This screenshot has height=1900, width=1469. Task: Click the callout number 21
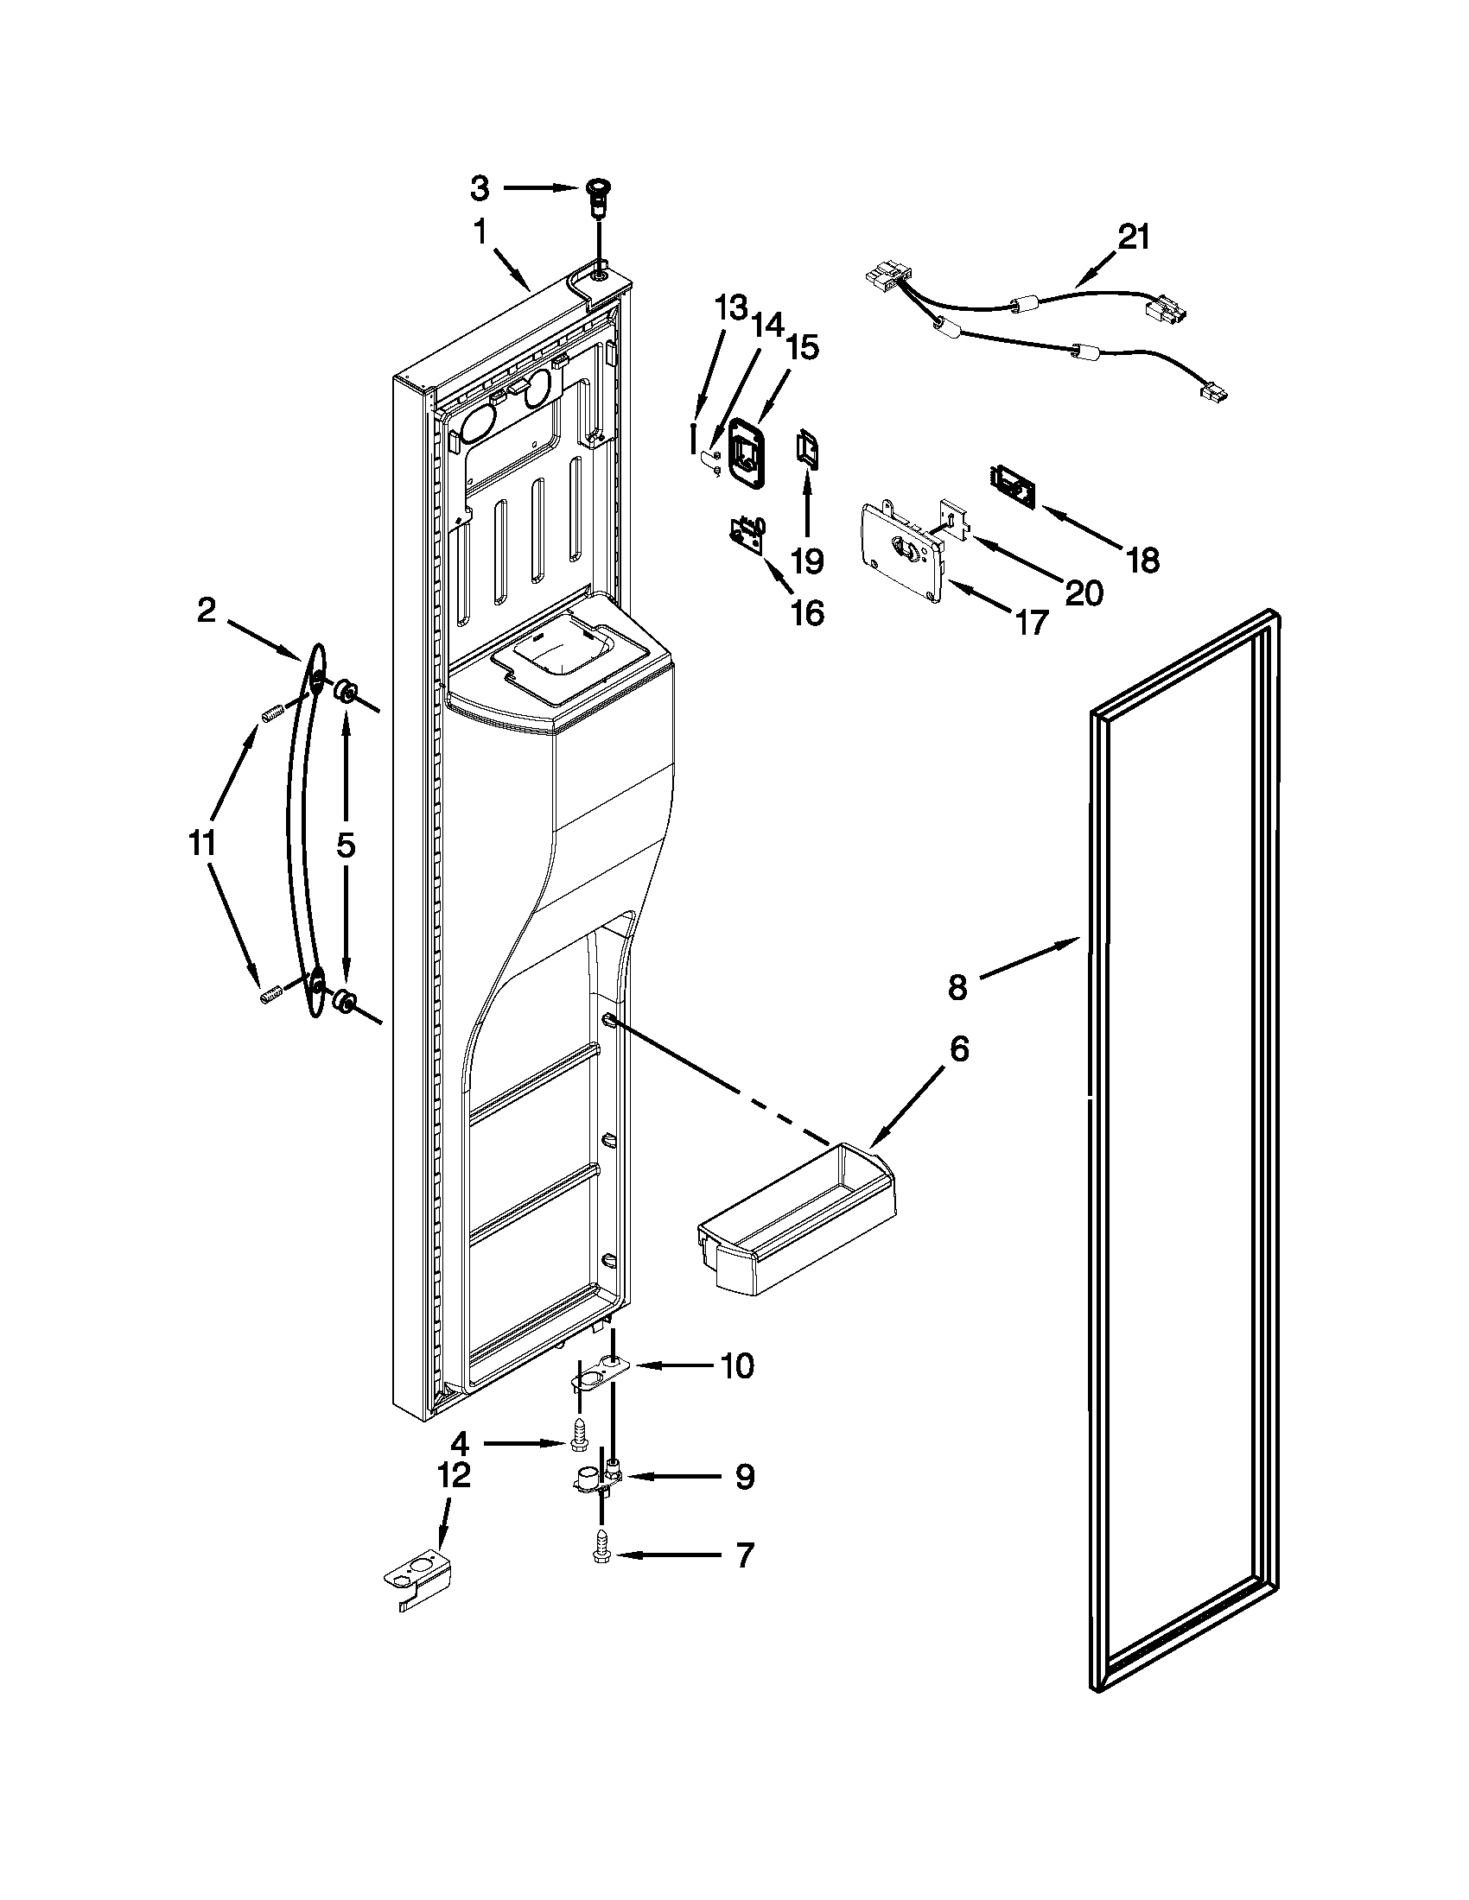coord(1134,237)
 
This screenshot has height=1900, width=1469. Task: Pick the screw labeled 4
coord(579,1442)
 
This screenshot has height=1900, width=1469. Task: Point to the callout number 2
coord(206,611)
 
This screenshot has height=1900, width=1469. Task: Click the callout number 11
coord(202,843)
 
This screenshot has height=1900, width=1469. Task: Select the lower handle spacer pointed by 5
coord(345,1003)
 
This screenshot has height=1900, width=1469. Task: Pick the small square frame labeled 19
coord(807,453)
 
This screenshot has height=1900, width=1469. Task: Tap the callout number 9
coord(744,1476)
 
